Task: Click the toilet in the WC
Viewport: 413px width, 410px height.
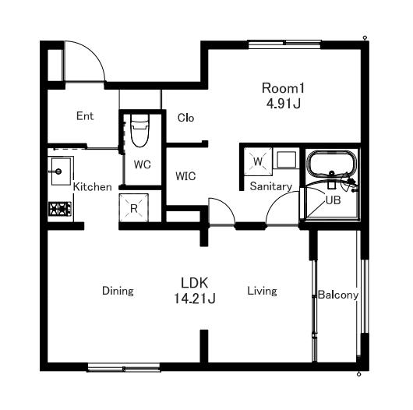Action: [x=139, y=131]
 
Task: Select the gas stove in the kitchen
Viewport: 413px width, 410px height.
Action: [x=60, y=209]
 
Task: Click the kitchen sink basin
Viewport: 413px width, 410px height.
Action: [x=61, y=171]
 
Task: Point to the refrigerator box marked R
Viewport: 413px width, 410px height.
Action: [x=134, y=208]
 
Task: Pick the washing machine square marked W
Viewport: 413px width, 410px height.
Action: [x=258, y=161]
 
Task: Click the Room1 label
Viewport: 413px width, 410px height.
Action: [x=283, y=88]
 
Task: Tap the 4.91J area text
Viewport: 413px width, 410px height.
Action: [x=284, y=104]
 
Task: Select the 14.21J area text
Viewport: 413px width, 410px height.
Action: [x=195, y=299]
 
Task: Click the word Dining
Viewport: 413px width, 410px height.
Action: [x=118, y=291]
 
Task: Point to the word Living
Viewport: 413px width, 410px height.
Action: [x=262, y=291]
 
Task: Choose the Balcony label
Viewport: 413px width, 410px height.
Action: [x=338, y=295]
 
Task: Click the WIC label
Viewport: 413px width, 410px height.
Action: [x=185, y=176]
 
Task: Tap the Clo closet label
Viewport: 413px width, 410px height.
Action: [x=185, y=118]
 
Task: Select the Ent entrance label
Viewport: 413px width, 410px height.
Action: [x=85, y=116]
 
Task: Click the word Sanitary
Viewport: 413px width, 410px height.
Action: [x=271, y=186]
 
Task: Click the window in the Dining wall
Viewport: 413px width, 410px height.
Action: [x=124, y=367]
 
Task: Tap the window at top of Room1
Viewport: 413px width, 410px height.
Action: [x=284, y=44]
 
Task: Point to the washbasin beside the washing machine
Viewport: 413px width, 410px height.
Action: [x=286, y=160]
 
